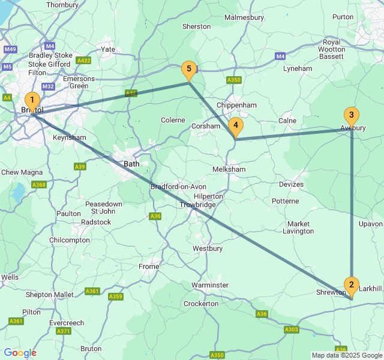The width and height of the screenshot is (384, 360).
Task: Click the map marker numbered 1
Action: pyautogui.click(x=32, y=101)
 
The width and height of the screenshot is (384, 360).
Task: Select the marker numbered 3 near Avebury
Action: pyautogui.click(x=351, y=116)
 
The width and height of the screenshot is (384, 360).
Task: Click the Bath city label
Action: pyautogui.click(x=132, y=164)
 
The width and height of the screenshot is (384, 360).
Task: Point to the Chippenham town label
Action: pyautogui.click(x=236, y=105)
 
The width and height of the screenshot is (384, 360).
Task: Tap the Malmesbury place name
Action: pyautogui.click(x=244, y=17)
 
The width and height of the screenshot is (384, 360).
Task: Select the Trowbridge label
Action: pyautogui.click(x=197, y=205)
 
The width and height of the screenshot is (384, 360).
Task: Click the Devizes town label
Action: pyautogui.click(x=292, y=184)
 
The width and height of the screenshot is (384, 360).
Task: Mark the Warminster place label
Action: pyautogui.click(x=210, y=284)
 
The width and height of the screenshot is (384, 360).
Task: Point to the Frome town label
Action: pyautogui.click(x=149, y=266)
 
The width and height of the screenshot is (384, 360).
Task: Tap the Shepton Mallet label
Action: pyautogui.click(x=50, y=295)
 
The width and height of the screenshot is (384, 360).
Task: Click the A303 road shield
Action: pyautogui.click(x=292, y=329)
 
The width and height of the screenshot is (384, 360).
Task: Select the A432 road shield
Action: pyautogui.click(x=84, y=61)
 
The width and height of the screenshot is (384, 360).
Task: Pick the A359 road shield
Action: pyautogui.click(x=116, y=296)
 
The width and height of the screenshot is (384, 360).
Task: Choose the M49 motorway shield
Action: pyautogui.click(x=10, y=49)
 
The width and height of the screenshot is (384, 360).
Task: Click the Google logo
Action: pyautogui.click(x=20, y=353)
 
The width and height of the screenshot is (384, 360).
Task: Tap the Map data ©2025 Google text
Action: pyautogui.click(x=347, y=355)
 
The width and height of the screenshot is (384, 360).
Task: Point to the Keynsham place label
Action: pyautogui.click(x=70, y=137)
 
